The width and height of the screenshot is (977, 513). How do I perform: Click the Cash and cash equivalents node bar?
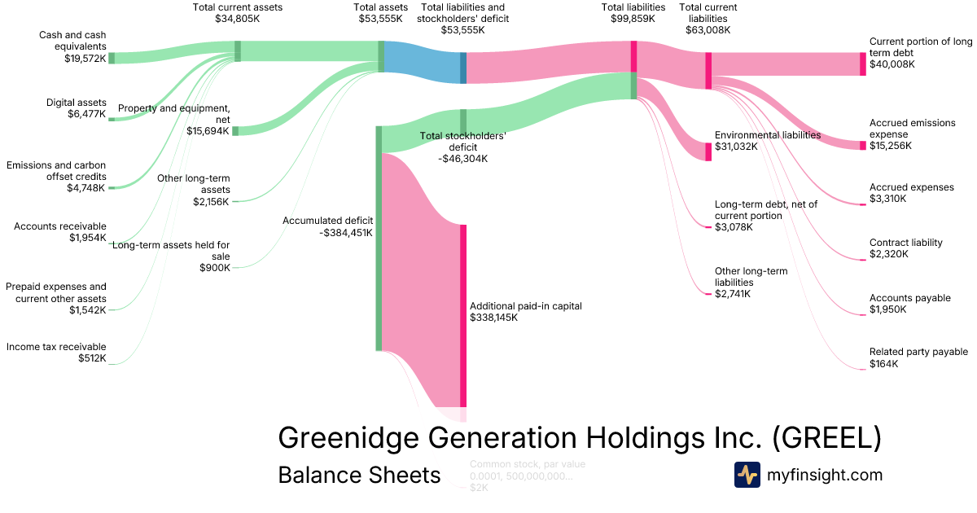click(x=112, y=58)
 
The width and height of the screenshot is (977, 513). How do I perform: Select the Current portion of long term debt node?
click(x=863, y=64)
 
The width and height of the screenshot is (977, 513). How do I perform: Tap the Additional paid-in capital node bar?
click(x=463, y=315)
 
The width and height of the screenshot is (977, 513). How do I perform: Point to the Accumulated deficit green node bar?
click(x=379, y=238)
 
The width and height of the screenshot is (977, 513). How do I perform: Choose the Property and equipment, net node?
click(x=235, y=131)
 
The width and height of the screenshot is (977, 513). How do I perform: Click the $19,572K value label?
click(x=85, y=59)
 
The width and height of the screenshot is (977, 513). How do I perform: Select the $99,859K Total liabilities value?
click(x=633, y=18)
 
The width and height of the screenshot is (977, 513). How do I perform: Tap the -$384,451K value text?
click(x=346, y=232)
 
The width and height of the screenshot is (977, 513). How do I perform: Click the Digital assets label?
click(x=77, y=103)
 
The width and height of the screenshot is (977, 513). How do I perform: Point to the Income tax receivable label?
click(x=56, y=347)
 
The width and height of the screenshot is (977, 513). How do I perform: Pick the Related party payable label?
click(x=918, y=352)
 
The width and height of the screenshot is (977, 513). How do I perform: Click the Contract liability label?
click(x=905, y=243)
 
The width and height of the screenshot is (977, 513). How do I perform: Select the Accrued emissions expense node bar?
click(x=863, y=145)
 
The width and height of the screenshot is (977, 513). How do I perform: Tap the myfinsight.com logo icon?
click(x=747, y=475)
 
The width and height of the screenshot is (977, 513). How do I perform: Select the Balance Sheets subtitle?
click(x=359, y=475)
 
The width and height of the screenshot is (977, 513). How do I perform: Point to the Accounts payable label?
click(x=909, y=298)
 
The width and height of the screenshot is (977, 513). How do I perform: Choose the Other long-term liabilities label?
click(x=751, y=276)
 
